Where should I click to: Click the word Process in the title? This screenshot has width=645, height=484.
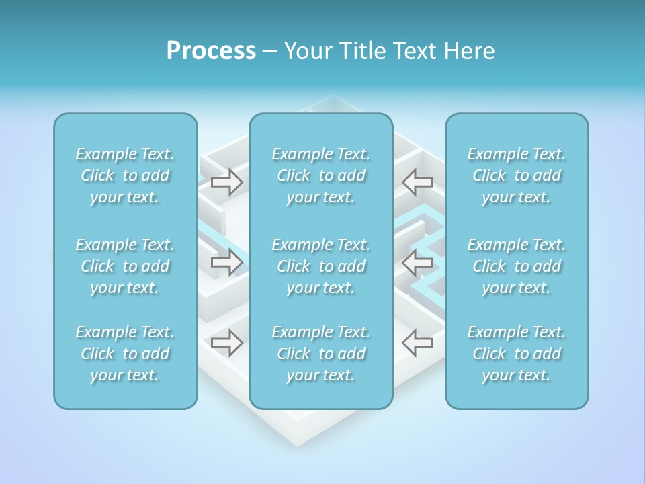tap(211, 51)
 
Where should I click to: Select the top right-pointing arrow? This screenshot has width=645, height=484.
tap(226, 182)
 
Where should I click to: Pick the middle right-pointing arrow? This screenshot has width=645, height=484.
tap(226, 261)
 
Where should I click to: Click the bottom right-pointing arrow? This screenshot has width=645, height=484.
tap(226, 342)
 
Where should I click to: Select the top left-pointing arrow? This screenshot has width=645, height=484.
tap(417, 182)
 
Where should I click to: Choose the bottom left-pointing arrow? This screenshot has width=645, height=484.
tap(417, 342)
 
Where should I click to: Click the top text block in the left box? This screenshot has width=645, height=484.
tap(125, 175)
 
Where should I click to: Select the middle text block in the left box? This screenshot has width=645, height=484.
tap(125, 266)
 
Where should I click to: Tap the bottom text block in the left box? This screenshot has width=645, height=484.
tap(125, 354)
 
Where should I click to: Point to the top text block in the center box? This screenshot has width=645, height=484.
tap(321, 175)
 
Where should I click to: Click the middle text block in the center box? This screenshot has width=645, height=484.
tap(321, 266)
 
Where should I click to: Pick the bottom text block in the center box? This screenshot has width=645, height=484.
tap(321, 354)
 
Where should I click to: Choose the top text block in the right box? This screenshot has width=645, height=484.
tap(517, 175)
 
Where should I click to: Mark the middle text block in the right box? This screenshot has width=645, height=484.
tap(517, 266)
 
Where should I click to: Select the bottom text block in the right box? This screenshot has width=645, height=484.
tap(517, 354)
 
